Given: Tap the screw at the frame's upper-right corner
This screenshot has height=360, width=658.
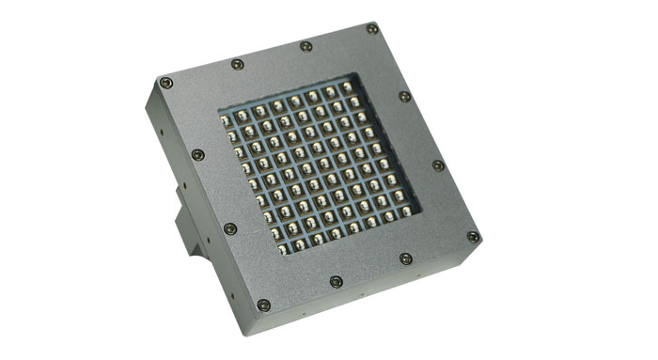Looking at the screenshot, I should pos(373,29).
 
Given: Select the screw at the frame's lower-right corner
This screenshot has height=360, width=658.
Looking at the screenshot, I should pos(473,236).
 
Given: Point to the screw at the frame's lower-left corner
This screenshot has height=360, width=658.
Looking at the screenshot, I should pos(263,305).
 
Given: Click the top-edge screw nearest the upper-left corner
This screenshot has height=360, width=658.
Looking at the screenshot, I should pos(237,64).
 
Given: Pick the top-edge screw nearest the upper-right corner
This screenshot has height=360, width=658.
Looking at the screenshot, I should pos(305,46).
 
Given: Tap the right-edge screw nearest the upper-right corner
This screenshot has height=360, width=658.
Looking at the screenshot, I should pos(404,96).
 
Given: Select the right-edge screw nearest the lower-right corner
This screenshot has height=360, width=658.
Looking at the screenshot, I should pos(438,165).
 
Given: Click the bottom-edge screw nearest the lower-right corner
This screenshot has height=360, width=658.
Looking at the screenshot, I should pos(405,258).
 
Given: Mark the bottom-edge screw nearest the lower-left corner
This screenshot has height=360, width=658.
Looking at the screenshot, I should pos(336,281).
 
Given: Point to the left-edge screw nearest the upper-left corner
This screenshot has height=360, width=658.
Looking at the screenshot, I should pos(197,155).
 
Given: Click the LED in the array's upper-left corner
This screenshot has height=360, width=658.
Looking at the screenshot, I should pos(227,117).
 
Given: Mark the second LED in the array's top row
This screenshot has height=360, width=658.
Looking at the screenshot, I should pos(243,114).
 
